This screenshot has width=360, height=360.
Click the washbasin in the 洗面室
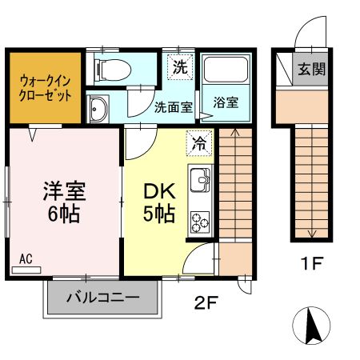click(x=99, y=109)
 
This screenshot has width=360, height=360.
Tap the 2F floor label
click(x=206, y=302)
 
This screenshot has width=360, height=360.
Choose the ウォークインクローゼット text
click(x=45, y=88)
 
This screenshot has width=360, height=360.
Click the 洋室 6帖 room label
click(x=64, y=203)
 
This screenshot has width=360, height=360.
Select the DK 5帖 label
click(x=160, y=203)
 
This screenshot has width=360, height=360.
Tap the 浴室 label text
click(x=225, y=103)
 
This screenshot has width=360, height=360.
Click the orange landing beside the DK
click(x=234, y=259)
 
